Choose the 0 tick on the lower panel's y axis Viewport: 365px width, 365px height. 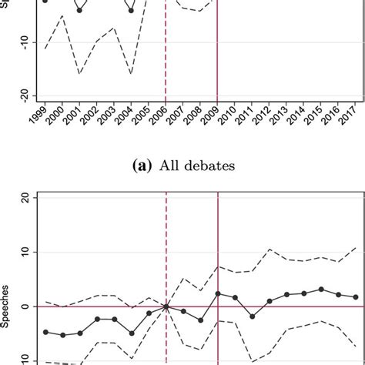coord(25,306)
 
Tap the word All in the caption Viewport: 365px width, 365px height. coord(172,165)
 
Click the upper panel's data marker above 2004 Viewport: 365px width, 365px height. coord(131,11)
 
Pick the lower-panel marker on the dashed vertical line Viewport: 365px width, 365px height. coord(166,306)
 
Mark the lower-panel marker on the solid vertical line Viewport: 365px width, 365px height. coord(218,293)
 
